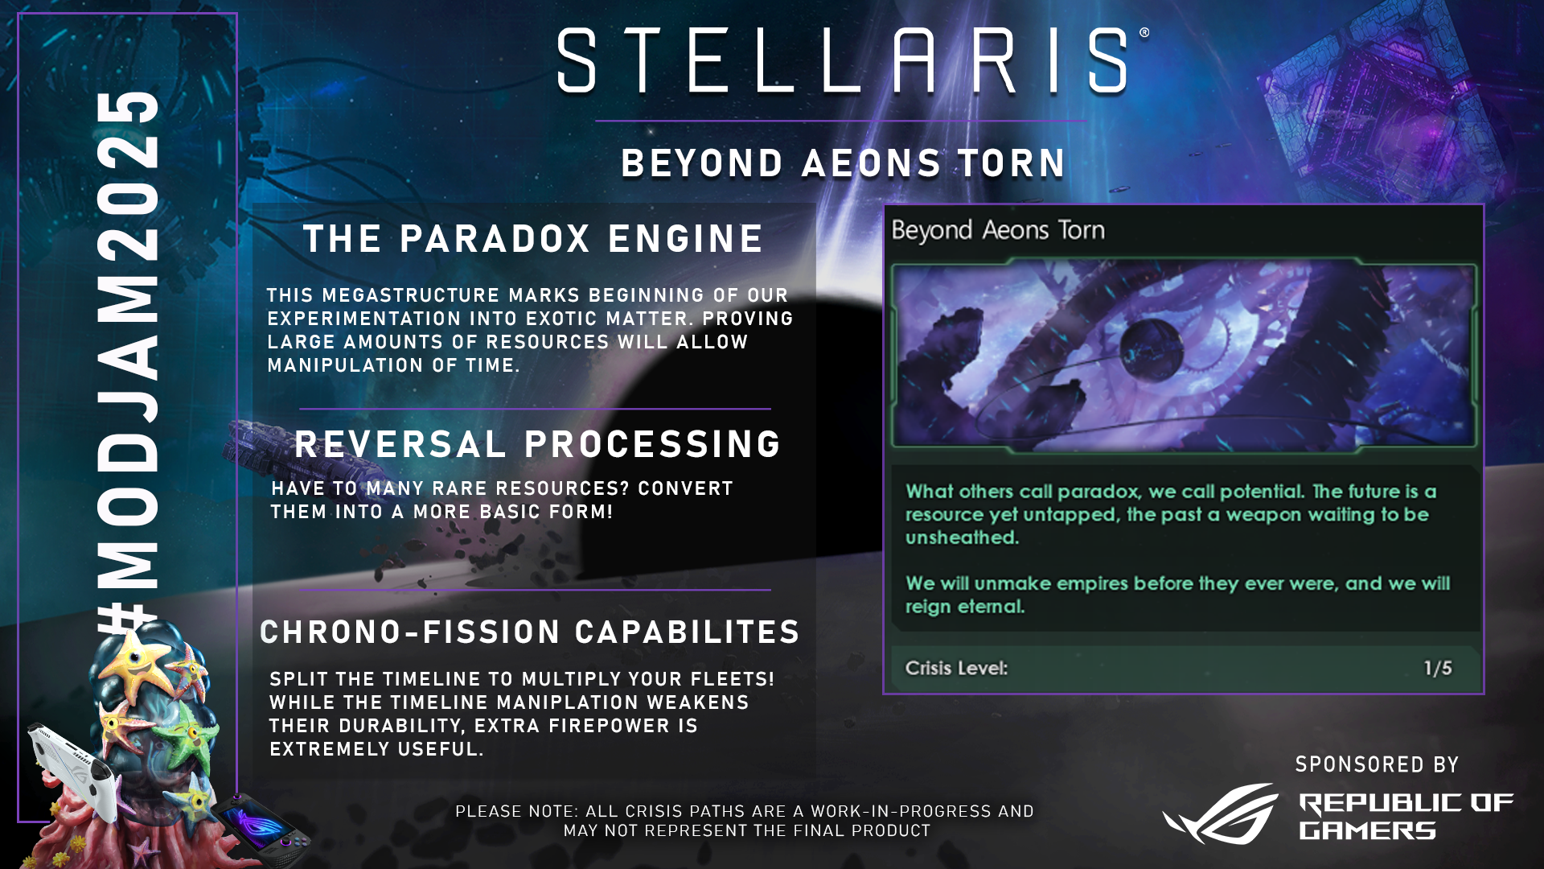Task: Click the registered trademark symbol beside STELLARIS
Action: [1144, 33]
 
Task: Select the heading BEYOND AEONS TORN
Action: [844, 163]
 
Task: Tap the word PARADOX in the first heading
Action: [495, 239]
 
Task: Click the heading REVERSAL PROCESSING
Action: [538, 444]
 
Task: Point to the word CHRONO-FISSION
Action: [410, 632]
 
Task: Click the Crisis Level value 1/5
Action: [1438, 668]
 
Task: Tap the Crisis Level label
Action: [956, 668]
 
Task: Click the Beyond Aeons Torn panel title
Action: [998, 230]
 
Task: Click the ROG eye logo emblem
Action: [1220, 813]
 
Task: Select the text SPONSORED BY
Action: [1377, 764]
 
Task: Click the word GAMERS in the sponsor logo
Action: [1367, 830]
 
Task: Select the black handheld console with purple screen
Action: [261, 830]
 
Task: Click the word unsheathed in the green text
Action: [962, 537]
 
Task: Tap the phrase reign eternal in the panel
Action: [965, 607]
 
